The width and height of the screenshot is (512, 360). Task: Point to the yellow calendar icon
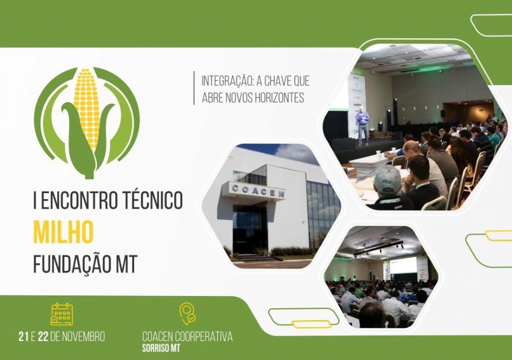click(x=62, y=314)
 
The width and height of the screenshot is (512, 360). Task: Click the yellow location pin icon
click(x=188, y=314)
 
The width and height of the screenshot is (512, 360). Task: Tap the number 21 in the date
click(x=23, y=337)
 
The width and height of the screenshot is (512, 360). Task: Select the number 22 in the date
click(x=43, y=337)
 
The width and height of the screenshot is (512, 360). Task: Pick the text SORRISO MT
click(x=161, y=348)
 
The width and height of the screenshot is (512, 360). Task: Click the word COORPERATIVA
click(x=204, y=337)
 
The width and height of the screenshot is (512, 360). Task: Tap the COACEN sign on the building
click(x=258, y=191)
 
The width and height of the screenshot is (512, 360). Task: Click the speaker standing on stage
click(x=362, y=127)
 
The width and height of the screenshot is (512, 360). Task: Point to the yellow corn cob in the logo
click(x=86, y=108)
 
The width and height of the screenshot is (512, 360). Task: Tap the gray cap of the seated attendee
click(x=387, y=179)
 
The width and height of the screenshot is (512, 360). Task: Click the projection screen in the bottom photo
click(x=404, y=265)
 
